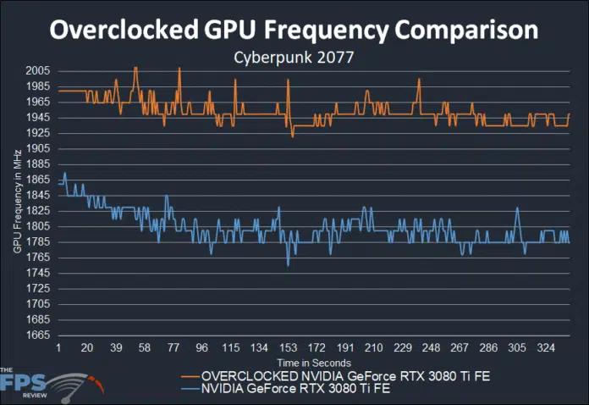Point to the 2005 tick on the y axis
pos(38,71)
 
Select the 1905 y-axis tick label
pos(38,148)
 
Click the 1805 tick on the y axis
pos(38,226)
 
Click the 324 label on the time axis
pos(546,348)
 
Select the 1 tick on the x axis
pos(58,348)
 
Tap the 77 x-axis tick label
pos(173,348)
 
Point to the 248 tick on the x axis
pos(431,348)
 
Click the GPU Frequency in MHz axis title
pos(18,203)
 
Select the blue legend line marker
pos(192,389)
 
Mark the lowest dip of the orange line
pos(292,136)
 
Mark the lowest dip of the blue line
pos(288,265)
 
